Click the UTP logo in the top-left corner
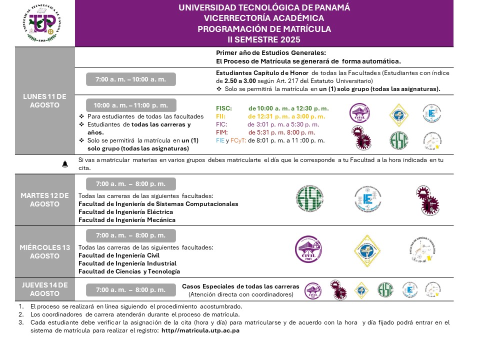pyautogui.click(x=42, y=23)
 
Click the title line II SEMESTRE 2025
pyautogui.click(x=264, y=39)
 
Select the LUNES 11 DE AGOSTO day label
pyautogui.click(x=44, y=100)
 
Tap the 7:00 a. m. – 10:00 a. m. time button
pyautogui.click(x=131, y=79)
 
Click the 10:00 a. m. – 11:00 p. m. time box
pyautogui.click(x=131, y=105)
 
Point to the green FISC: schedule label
pyautogui.click(x=224, y=108)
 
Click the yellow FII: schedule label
pyautogui.click(x=221, y=116)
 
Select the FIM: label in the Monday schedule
pyautogui.click(x=222, y=132)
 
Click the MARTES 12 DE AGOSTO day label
pyautogui.click(x=44, y=199)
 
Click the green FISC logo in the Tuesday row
pyautogui.click(x=309, y=198)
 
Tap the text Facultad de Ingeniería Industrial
pyautogui.click(x=127, y=263)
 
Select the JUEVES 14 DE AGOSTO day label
pyautogui.click(x=44, y=289)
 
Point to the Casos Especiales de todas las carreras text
pyautogui.click(x=240, y=286)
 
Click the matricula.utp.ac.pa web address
pyautogui.click(x=200, y=331)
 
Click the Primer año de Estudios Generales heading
pyautogui.click(x=270, y=52)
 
